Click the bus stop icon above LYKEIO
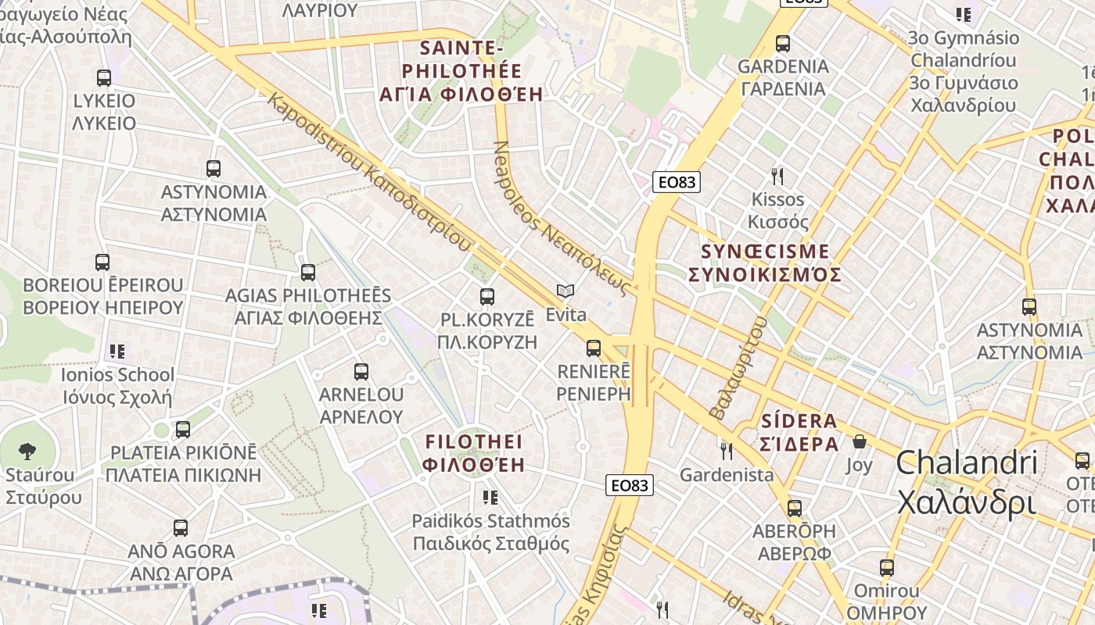(x=104, y=78)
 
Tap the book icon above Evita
(x=565, y=291)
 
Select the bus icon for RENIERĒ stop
(x=594, y=348)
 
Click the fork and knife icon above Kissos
(x=777, y=176)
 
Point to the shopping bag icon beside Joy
(x=860, y=441)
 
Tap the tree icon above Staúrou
(x=27, y=451)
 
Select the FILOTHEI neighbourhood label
(x=473, y=453)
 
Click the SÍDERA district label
(x=799, y=432)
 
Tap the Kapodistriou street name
(x=368, y=171)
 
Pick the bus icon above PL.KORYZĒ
(x=486, y=297)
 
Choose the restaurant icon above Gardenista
(x=727, y=451)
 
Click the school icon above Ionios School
(x=117, y=352)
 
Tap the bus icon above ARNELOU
(x=361, y=372)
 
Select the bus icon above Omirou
(x=886, y=568)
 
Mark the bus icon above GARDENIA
(x=783, y=44)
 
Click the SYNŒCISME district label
(x=764, y=263)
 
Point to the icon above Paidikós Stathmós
(x=490, y=497)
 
